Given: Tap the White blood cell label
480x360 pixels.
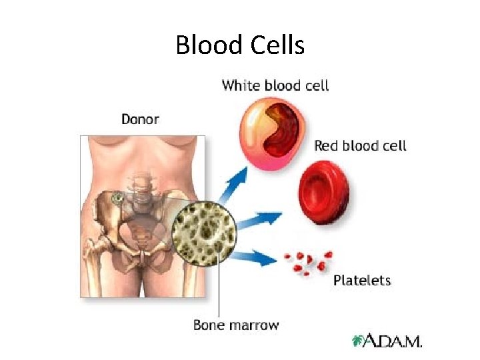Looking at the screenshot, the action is [x=275, y=85].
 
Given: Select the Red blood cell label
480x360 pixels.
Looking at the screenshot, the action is [x=360, y=145].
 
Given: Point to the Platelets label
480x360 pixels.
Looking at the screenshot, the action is [x=362, y=280].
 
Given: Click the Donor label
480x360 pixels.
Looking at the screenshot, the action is [x=140, y=119].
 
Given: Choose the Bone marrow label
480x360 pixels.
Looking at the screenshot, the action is [x=236, y=325].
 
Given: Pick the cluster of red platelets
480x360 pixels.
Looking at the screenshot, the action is [x=308, y=261].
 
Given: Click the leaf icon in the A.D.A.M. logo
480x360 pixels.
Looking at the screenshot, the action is [x=359, y=341].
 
